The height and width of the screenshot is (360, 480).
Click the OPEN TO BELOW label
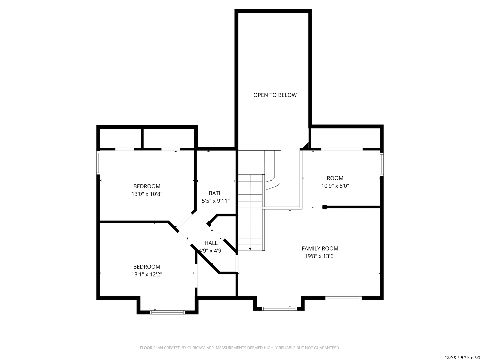[275, 95]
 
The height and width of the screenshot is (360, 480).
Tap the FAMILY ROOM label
[320, 249]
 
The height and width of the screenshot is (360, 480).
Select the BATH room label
[216, 193]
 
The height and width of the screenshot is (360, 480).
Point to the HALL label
[211, 243]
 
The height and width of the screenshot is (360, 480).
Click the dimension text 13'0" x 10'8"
[147, 194]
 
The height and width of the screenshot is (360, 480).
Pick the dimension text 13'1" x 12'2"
[147, 274]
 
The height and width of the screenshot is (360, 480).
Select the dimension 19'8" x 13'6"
[320, 256]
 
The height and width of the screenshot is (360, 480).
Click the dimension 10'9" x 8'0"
[335, 186]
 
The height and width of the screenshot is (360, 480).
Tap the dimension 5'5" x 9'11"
[216, 201]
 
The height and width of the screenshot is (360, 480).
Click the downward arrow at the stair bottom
[250, 249]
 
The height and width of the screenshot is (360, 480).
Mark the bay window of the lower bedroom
[168, 312]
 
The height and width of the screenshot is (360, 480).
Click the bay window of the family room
[279, 309]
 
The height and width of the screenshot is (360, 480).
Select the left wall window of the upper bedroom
[98, 162]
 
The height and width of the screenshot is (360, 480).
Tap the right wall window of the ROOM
[382, 164]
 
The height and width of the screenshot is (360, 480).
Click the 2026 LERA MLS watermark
[462, 357]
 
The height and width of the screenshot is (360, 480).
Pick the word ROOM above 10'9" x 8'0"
[335, 178]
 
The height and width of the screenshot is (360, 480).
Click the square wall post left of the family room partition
[325, 207]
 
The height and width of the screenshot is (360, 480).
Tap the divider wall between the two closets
[142, 138]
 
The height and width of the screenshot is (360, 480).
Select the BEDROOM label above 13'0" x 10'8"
[147, 186]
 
